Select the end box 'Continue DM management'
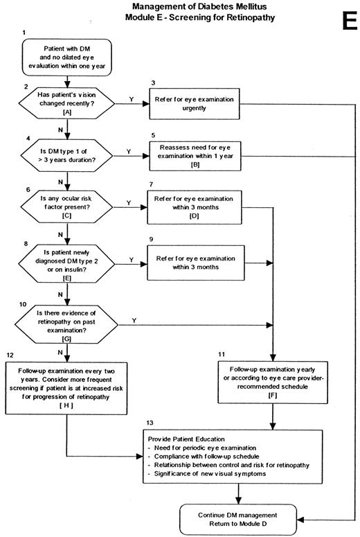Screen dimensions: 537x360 pos(238,517)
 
